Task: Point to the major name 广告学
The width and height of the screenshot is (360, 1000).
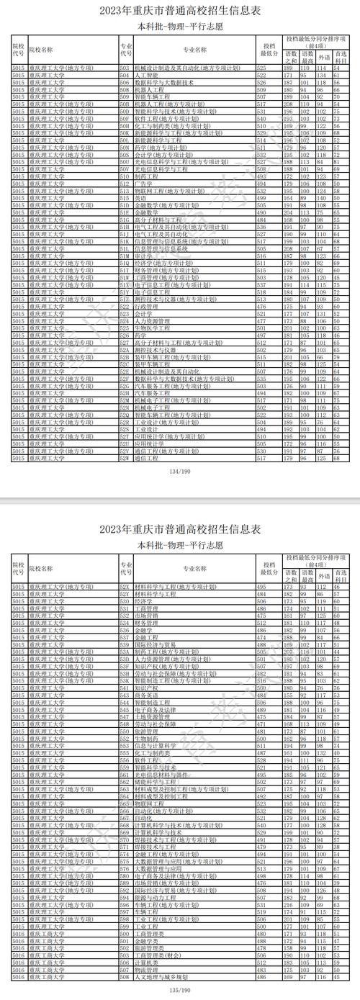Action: pos(143,183)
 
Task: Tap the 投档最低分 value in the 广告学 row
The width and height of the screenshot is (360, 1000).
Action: pos(266,183)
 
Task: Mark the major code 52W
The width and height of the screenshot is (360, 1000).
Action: pos(124,457)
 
